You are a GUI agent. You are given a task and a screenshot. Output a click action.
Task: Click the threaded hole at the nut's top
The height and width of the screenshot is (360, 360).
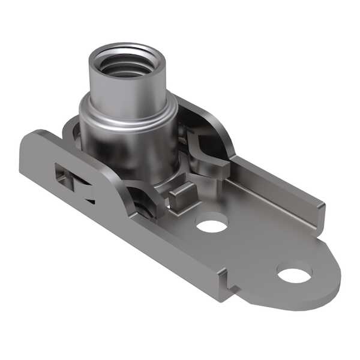125,65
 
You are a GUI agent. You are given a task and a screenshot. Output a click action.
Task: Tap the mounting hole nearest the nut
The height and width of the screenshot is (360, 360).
212,226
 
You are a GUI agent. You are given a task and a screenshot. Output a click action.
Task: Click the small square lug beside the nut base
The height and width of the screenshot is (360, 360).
181,195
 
